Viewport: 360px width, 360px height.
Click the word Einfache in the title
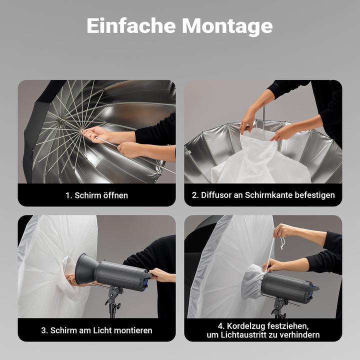(131, 26)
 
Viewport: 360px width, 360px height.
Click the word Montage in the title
(227, 26)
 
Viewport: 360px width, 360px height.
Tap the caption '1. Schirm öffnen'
(96, 195)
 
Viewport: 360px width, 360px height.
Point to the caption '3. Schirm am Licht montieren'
(96, 330)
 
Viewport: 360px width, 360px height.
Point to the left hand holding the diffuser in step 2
(247, 121)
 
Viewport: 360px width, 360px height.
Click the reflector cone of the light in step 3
(86, 270)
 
